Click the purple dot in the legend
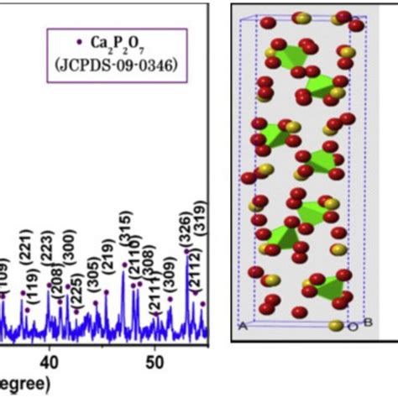point(80,39)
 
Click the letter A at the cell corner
point(241,326)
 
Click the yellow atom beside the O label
point(337,325)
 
